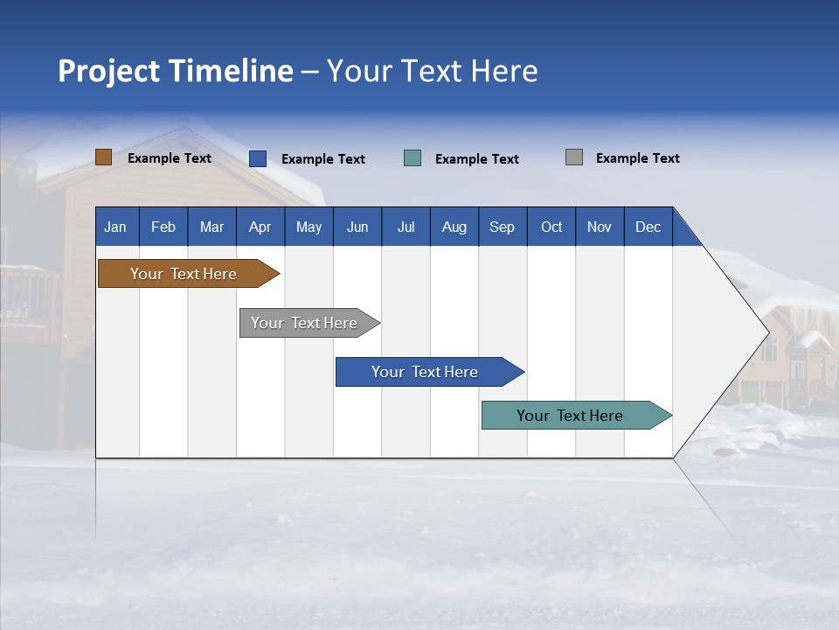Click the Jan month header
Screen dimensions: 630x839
(115, 227)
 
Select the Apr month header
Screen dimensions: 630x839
(260, 227)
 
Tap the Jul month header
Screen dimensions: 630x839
(406, 227)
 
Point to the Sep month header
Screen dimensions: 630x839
(502, 227)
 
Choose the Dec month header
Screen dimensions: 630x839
(648, 227)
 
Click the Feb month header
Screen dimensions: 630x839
(163, 227)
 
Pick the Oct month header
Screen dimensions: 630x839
(551, 227)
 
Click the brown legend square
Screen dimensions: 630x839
(103, 157)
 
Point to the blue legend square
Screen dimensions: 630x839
(258, 158)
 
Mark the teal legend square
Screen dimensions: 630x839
(413, 158)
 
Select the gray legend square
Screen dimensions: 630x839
(574, 157)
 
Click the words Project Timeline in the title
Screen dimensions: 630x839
(175, 71)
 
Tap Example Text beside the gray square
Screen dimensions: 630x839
(637, 158)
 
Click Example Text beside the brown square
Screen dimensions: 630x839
(170, 158)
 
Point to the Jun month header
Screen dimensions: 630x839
(357, 227)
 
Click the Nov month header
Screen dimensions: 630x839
(600, 227)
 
